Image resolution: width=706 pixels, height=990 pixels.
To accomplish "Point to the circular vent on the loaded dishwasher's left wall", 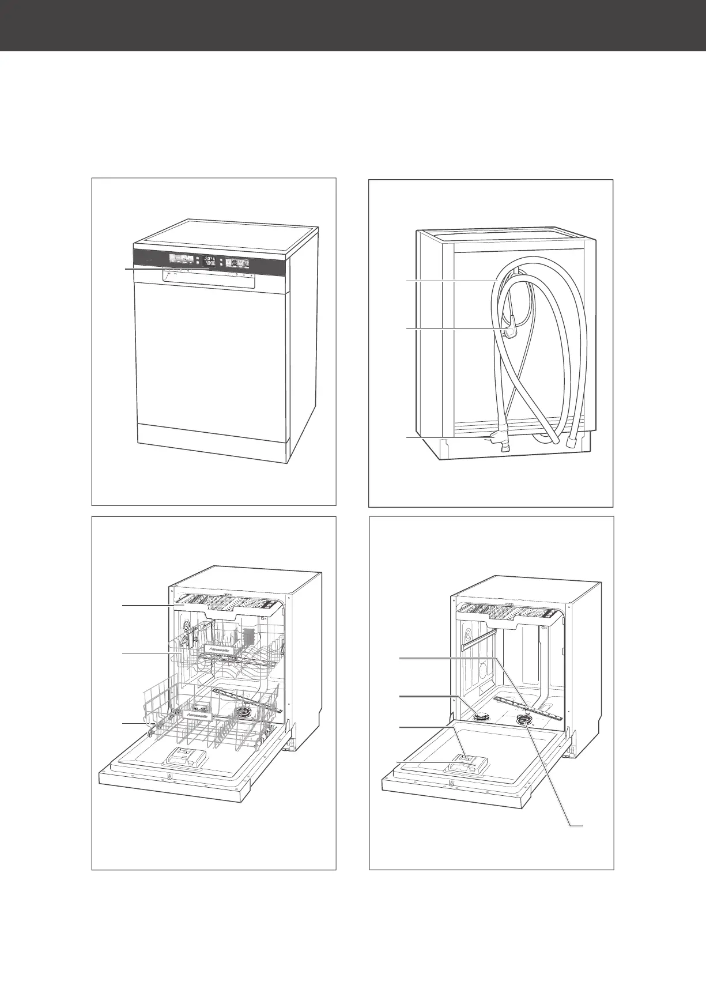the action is (x=186, y=624).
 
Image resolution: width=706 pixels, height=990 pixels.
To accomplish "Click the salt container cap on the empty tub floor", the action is (x=480, y=717).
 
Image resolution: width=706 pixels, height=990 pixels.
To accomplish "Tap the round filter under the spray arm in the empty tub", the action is (x=524, y=719).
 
